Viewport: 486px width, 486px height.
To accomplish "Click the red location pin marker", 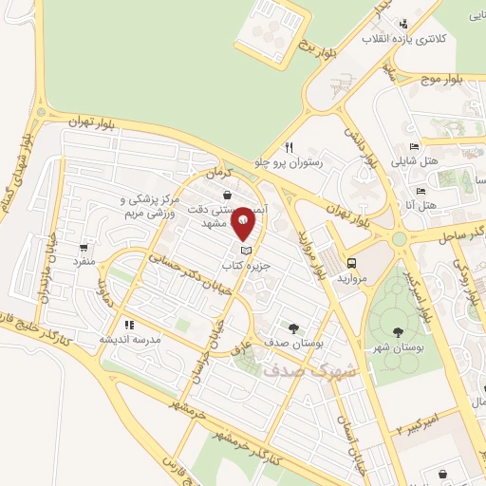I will click(244, 222).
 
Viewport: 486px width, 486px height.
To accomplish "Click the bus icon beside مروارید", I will click(352, 263).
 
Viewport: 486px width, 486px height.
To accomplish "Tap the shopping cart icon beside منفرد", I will click(86, 245).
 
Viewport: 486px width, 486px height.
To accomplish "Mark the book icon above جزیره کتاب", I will click(248, 249).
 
